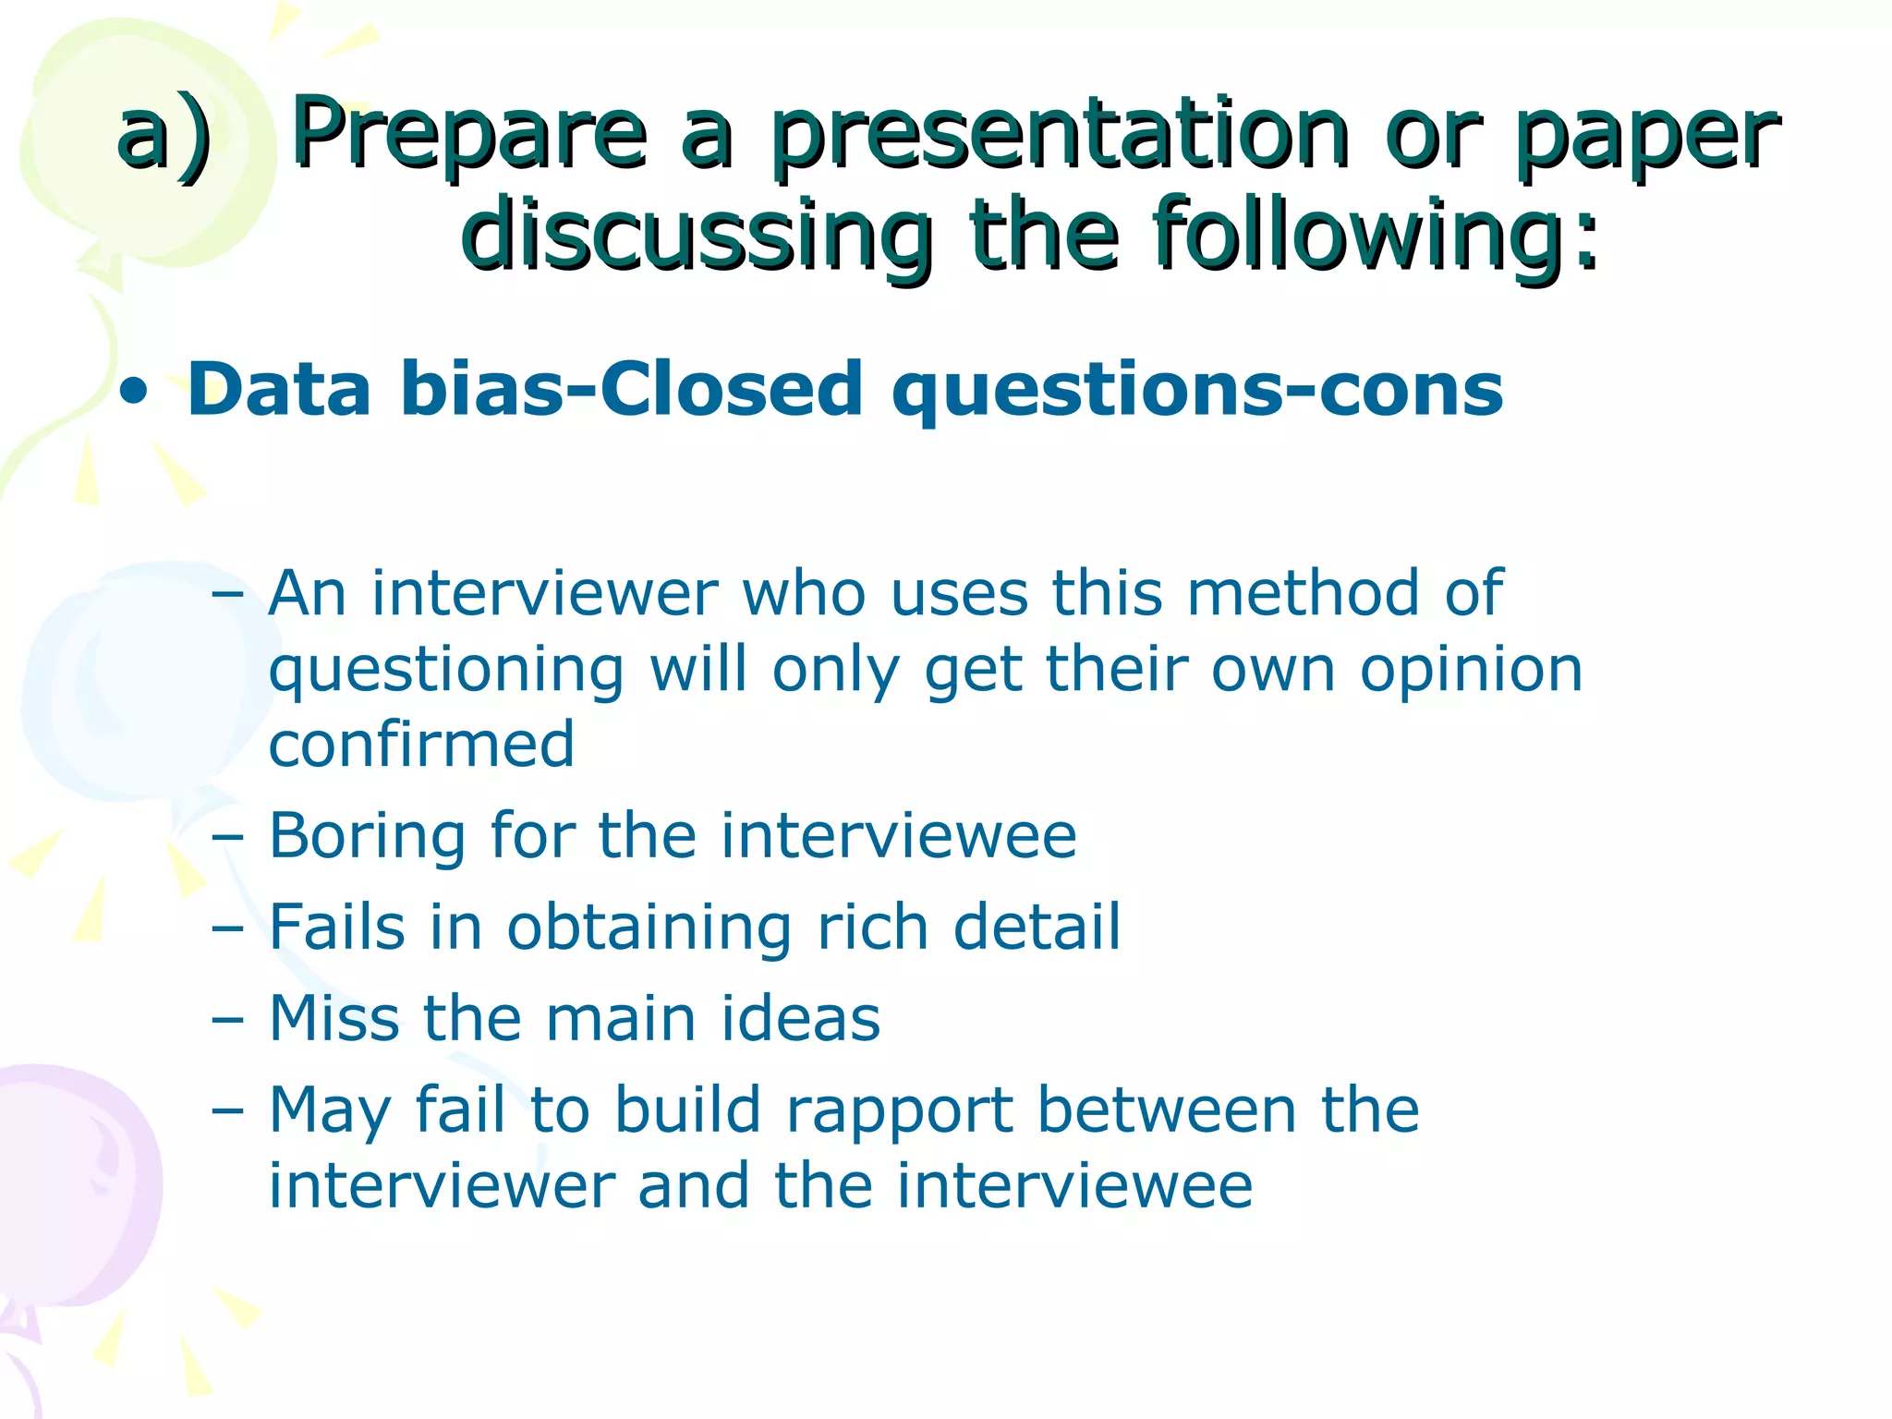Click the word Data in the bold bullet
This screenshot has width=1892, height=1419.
tap(279, 389)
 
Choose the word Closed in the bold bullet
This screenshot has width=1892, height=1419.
tap(731, 389)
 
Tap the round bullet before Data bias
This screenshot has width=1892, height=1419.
tap(135, 392)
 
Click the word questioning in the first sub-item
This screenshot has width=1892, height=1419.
tap(446, 670)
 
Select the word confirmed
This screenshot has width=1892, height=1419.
tap(421, 745)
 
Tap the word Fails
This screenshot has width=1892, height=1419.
tap(337, 927)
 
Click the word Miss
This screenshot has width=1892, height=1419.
tap(334, 1018)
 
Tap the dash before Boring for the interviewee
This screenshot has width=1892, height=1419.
tap(227, 837)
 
